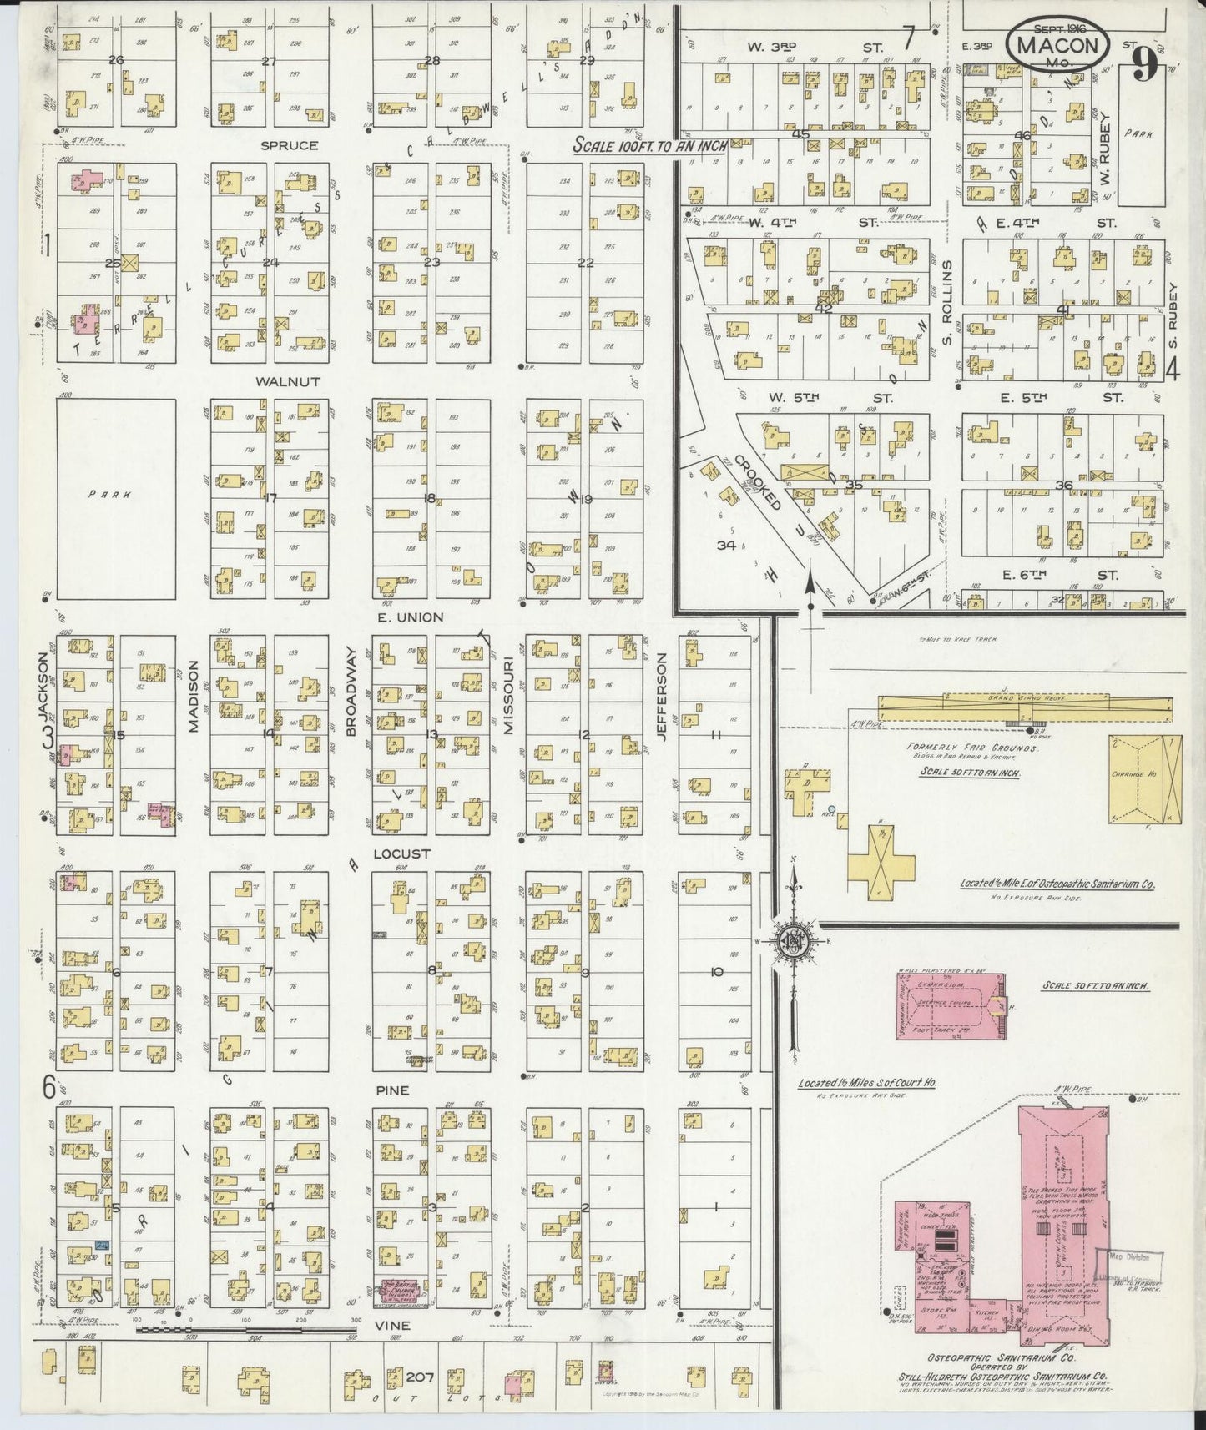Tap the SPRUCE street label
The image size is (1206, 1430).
290,145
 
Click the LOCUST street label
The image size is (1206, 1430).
401,854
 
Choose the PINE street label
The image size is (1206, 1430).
392,1090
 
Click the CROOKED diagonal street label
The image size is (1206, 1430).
759,485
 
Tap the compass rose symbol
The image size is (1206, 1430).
790,943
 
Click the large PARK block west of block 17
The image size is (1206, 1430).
116,499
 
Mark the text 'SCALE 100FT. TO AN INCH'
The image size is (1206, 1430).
649,145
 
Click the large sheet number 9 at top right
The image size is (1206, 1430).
1145,63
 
